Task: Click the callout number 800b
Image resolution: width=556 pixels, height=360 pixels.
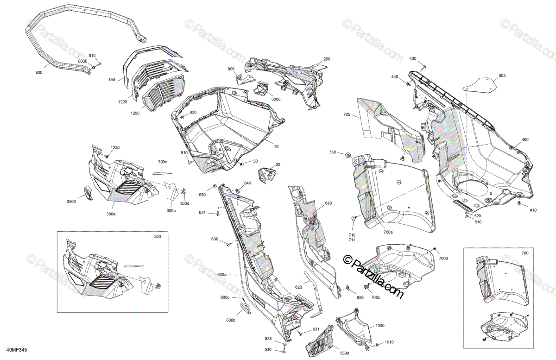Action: click(82, 62)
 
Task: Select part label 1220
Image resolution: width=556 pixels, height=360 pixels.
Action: click(122, 101)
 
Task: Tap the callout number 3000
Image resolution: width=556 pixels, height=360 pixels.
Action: click(276, 99)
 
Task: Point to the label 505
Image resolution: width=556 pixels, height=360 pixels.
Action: click(502, 76)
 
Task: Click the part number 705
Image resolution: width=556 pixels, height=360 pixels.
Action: click(347, 114)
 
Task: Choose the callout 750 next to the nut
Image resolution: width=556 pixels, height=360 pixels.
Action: click(332, 152)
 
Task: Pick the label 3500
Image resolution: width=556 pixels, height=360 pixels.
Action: click(71, 202)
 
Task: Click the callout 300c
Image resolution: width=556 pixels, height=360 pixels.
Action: click(162, 162)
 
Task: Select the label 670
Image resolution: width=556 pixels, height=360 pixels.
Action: click(329, 203)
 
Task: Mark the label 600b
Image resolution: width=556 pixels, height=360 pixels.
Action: click(231, 320)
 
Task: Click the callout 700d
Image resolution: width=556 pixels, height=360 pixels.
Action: click(443, 258)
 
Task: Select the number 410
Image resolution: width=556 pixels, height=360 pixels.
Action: click(533, 210)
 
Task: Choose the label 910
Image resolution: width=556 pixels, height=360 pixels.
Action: click(184, 153)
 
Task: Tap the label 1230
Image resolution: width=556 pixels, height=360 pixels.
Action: click(115, 148)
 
